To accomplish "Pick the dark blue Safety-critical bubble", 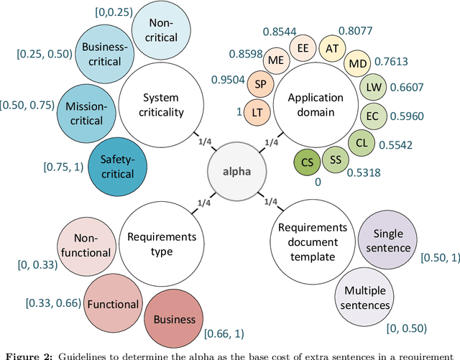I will (x=117, y=168).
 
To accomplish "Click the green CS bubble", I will (x=308, y=160).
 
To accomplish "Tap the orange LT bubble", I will (x=257, y=113).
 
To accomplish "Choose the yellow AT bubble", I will (x=332, y=48).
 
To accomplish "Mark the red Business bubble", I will (x=171, y=319).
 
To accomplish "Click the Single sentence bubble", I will (x=388, y=241).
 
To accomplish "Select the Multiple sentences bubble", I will (x=367, y=297).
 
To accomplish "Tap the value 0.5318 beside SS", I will (x=365, y=172).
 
